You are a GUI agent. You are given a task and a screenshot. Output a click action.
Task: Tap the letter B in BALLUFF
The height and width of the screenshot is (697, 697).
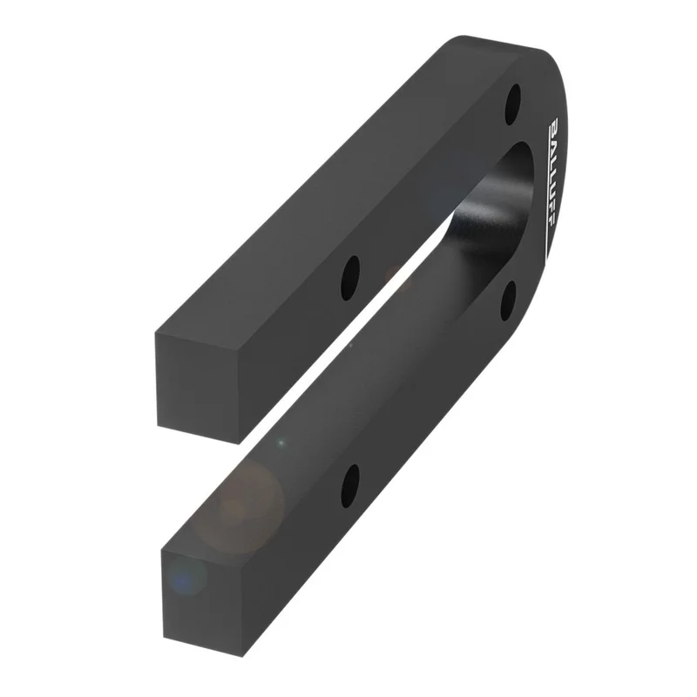point(555,125)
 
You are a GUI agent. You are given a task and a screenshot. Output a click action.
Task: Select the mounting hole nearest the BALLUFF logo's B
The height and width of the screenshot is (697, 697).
point(513,105)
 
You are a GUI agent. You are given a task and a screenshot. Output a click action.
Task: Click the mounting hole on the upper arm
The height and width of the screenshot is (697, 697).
point(350,278)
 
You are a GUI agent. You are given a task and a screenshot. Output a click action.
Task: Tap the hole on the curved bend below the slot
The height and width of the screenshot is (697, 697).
point(509,301)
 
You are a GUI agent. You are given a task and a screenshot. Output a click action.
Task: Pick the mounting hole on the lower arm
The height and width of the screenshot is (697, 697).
point(350,487)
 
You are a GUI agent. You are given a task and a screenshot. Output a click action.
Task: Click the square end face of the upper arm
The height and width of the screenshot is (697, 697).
point(197,388)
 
